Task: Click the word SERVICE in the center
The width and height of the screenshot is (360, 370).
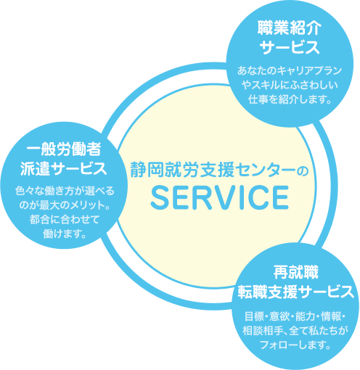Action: coord(220,197)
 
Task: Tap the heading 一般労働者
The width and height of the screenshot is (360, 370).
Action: coord(64,149)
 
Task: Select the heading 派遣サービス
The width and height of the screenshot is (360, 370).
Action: coord(63,168)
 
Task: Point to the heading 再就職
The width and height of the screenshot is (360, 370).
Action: coord(295,272)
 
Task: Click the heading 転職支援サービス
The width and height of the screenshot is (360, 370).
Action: coord(295,292)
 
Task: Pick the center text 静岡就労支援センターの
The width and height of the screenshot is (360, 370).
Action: coord(219,169)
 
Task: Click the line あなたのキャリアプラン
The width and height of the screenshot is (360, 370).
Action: coord(290,70)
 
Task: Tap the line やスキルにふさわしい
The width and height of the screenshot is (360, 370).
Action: coord(290,85)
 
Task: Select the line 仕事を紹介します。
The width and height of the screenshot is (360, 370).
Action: coord(290,99)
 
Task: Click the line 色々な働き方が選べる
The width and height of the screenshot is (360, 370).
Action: coord(65,191)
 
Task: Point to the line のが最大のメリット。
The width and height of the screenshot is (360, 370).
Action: coord(65,205)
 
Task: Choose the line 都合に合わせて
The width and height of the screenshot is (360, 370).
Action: coord(65,220)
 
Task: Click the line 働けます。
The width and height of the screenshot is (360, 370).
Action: coord(65,234)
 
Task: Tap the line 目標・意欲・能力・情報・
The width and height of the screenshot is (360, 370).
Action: coord(295,316)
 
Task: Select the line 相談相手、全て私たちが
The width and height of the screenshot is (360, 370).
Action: coord(295,331)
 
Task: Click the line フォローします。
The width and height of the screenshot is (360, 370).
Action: coord(295,345)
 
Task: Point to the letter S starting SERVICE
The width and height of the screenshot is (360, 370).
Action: coord(160,197)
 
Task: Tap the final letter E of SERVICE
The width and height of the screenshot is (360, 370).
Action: coord(281,197)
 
